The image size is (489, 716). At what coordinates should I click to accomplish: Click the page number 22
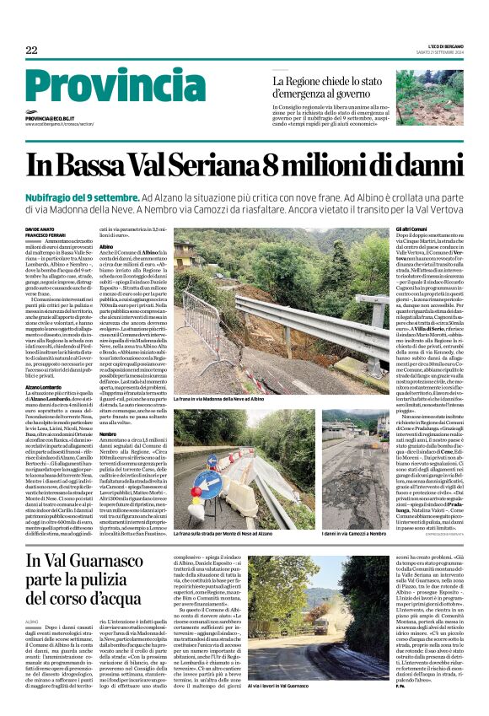(x=31, y=51)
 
